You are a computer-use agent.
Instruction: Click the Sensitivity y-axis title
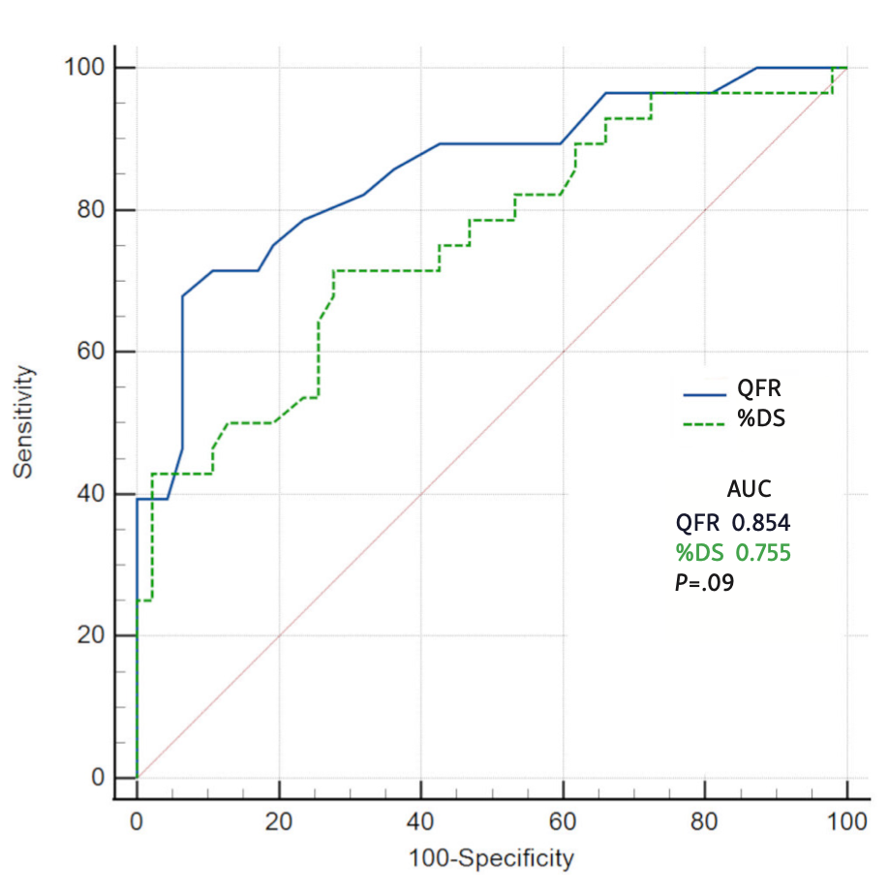coord(25,421)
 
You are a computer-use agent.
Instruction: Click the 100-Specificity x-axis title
coord(491,858)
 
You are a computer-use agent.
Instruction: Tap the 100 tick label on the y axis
coord(84,68)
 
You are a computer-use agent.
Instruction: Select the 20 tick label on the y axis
coord(90,635)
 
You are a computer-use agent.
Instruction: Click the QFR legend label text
coord(759,389)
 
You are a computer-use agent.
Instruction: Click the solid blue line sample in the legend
coord(704,394)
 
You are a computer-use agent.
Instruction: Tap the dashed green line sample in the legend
coord(704,422)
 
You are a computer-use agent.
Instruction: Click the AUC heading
coord(749,489)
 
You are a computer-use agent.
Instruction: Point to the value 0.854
coord(761,523)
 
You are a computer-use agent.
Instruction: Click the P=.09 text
coord(704,583)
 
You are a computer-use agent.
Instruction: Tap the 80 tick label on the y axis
coord(90,210)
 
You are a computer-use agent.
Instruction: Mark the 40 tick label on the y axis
coord(90,494)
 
